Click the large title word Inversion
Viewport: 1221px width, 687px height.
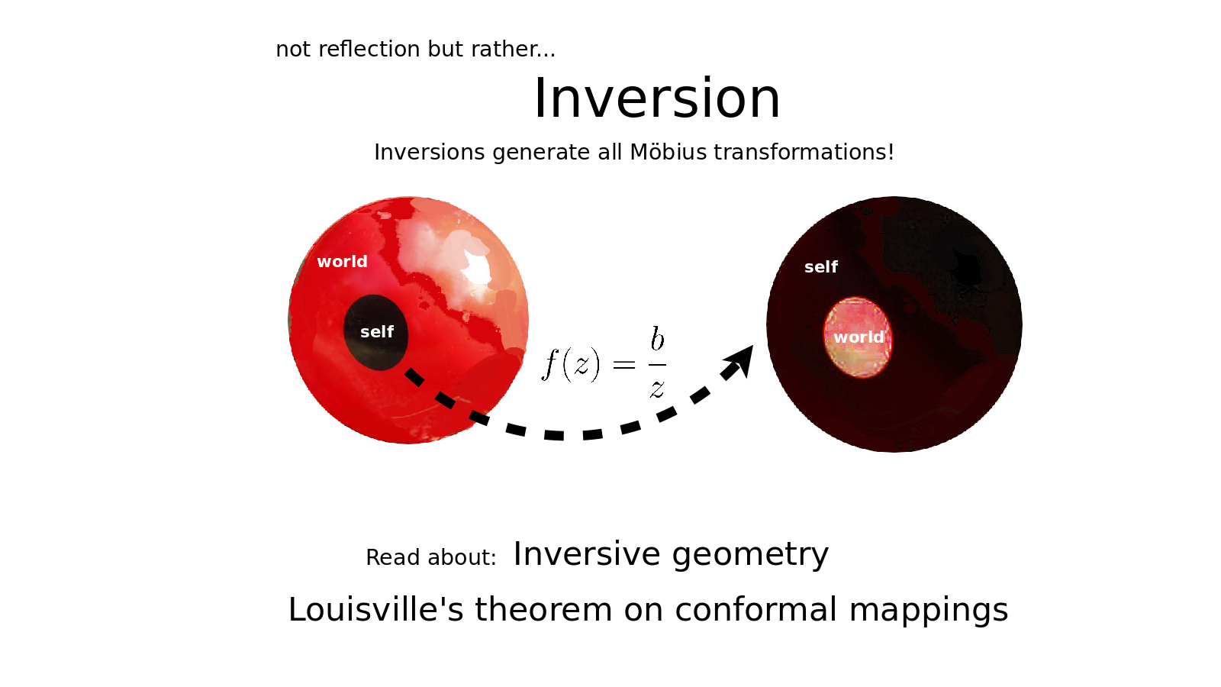click(x=657, y=98)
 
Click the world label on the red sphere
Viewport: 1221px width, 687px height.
click(x=343, y=262)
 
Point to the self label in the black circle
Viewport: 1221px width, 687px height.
click(x=377, y=331)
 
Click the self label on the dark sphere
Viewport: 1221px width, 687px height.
click(x=821, y=266)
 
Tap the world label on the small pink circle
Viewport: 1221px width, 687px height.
click(x=859, y=337)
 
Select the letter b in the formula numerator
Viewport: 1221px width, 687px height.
click(x=657, y=339)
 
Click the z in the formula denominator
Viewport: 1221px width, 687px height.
click(x=657, y=389)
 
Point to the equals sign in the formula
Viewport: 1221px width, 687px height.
click(x=624, y=365)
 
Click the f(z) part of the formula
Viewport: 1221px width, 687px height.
click(x=571, y=363)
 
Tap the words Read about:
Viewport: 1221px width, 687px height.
click(x=430, y=558)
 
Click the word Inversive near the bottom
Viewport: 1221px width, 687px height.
click(x=587, y=554)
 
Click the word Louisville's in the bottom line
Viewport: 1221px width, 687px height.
click(x=375, y=609)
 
